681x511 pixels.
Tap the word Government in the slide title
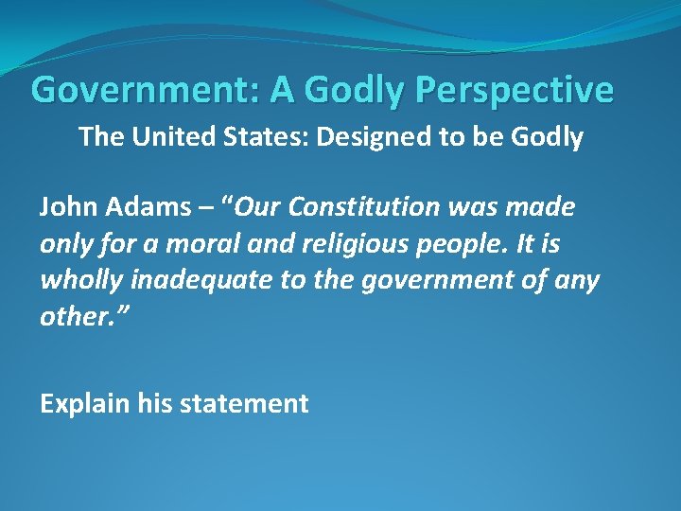click(x=145, y=90)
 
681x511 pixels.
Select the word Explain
click(x=84, y=404)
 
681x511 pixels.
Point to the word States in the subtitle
click(x=256, y=137)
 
